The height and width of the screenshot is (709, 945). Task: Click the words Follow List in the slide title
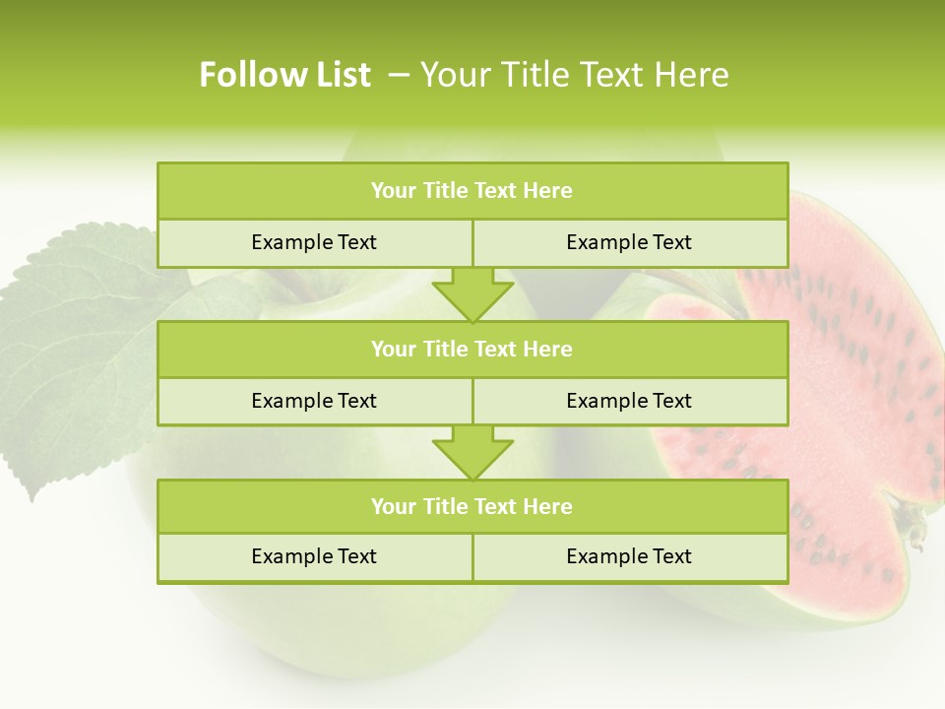pos(284,75)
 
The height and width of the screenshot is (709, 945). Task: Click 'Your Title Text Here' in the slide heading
pos(574,75)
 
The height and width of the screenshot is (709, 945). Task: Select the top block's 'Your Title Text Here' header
pos(472,191)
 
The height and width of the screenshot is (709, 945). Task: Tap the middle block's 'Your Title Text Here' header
pos(472,349)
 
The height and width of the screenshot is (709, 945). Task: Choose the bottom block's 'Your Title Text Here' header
pos(472,506)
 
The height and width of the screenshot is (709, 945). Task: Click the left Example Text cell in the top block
pos(314,242)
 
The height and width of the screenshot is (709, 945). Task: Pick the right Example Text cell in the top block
pos(629,242)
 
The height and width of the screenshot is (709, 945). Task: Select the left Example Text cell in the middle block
pos(314,401)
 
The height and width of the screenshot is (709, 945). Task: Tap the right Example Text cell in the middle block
pos(629,401)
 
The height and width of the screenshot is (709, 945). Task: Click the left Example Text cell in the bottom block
pos(314,556)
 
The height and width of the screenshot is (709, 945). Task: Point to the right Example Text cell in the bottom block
pos(629,556)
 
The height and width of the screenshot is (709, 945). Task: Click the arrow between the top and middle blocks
pos(472,294)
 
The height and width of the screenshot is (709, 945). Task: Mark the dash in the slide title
pos(400,75)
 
